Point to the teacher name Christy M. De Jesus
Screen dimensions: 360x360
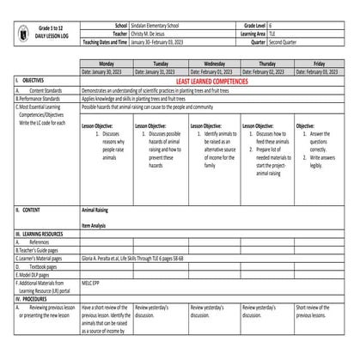[153, 35]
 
